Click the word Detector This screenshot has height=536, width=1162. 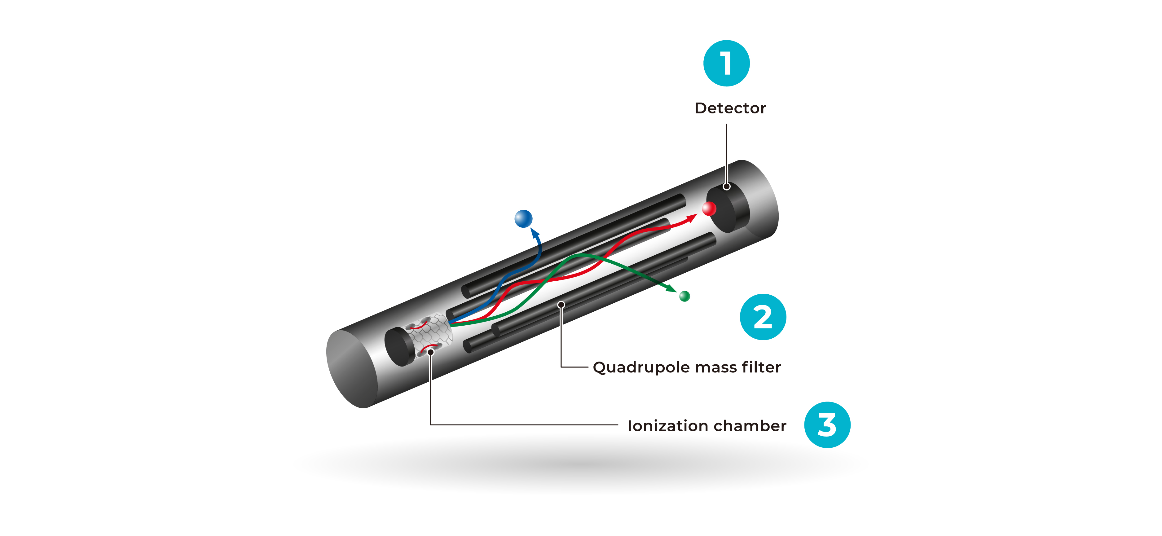[x=730, y=108]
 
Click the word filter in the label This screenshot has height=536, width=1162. [x=762, y=367]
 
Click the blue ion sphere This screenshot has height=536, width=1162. [x=523, y=219]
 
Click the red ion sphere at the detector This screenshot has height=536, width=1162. [x=709, y=209]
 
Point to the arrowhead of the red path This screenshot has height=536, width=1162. [x=692, y=218]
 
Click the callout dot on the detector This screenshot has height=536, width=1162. [x=726, y=186]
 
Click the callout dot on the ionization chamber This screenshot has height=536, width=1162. [x=431, y=352]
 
